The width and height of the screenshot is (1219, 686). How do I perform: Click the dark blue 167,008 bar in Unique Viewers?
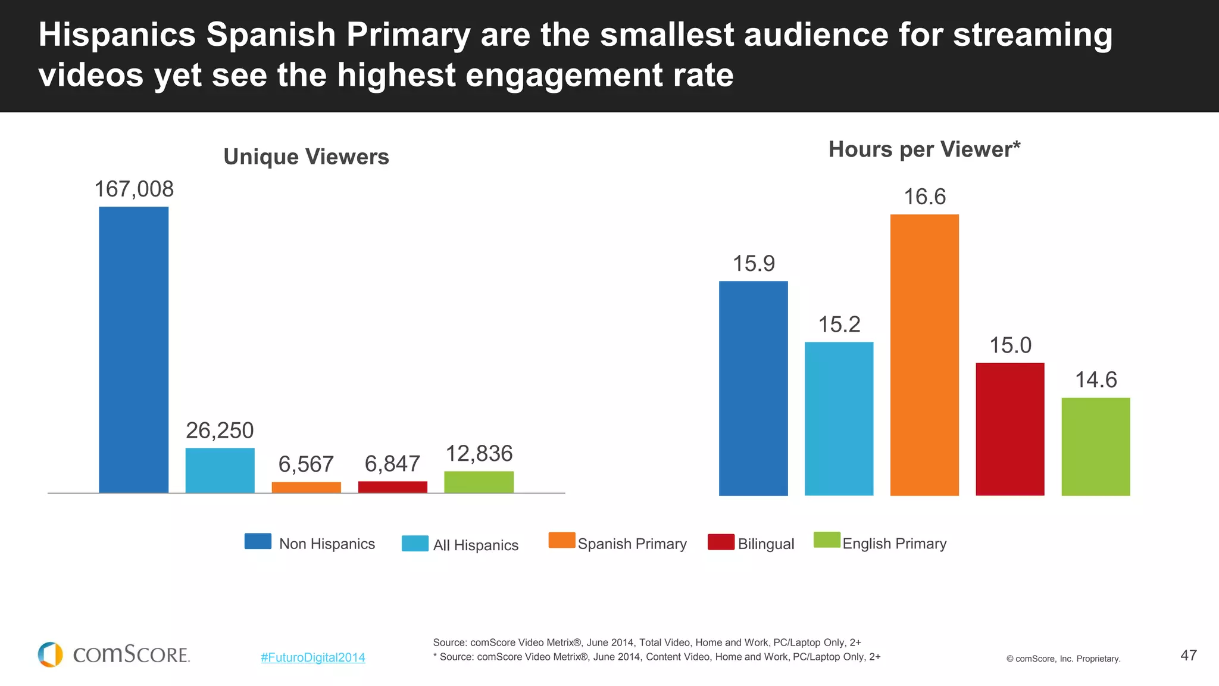click(x=133, y=350)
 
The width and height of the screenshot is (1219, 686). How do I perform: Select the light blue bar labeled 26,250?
click(x=220, y=470)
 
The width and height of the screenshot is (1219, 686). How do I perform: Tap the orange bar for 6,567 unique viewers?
click(x=306, y=487)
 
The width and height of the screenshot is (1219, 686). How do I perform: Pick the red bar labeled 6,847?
click(x=392, y=487)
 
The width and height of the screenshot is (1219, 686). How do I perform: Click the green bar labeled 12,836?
click(x=479, y=482)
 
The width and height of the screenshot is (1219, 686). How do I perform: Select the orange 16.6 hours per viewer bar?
click(x=924, y=355)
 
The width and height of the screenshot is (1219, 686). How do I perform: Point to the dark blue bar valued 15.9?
click(x=753, y=388)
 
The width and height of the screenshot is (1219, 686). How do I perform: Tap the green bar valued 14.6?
click(x=1095, y=447)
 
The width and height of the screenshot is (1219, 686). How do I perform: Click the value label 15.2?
click(x=839, y=325)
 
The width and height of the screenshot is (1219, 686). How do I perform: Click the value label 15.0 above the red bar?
click(x=1010, y=345)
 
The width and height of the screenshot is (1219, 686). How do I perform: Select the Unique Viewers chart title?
click(x=306, y=157)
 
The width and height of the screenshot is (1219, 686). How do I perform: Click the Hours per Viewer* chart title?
click(x=924, y=149)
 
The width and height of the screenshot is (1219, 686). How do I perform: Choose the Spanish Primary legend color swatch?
click(x=561, y=540)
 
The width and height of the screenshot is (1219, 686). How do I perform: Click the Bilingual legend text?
click(x=765, y=544)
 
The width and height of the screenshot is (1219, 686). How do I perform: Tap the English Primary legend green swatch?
click(x=827, y=540)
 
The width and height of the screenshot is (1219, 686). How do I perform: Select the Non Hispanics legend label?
click(x=327, y=544)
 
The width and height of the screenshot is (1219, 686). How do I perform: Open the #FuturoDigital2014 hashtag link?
click(x=312, y=657)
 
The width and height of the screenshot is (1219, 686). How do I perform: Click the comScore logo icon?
click(x=50, y=654)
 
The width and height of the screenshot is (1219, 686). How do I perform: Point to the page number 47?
click(x=1188, y=655)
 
